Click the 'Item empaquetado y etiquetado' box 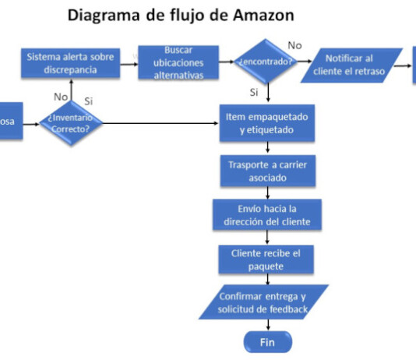coord(267,124)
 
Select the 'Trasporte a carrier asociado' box coord(267,171)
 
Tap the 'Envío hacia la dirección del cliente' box coord(267,215)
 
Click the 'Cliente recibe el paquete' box coord(267,259)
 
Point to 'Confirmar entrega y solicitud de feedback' coord(264,303)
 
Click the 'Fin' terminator coord(267,343)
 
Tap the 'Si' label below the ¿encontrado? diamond coord(254,92)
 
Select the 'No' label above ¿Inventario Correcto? coord(61,97)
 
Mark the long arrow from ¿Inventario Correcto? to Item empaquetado coord(160,123)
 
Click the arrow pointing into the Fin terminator coord(267,326)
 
